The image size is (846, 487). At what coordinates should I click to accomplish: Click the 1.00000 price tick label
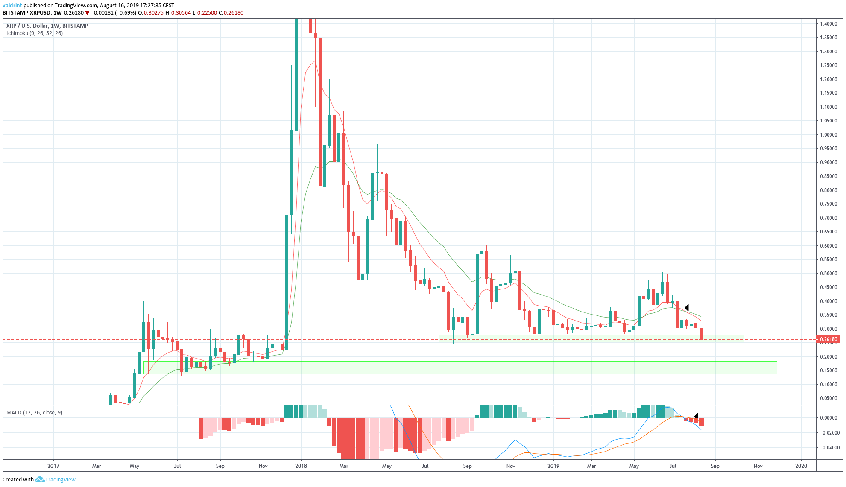[828, 135]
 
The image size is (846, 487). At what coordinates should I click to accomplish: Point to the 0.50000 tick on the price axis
[828, 274]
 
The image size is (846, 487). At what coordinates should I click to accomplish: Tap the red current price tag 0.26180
[828, 340]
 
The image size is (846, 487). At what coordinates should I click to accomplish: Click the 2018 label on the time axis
[301, 466]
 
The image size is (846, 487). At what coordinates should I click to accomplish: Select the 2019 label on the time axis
[553, 466]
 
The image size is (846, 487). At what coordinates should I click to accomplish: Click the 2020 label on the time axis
[801, 466]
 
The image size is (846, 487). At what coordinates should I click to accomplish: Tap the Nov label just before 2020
[758, 466]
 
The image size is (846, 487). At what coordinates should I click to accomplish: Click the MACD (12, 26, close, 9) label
[34, 413]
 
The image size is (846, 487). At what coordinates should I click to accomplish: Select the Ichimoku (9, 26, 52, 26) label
[35, 33]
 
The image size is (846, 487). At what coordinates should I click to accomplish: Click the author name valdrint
[12, 6]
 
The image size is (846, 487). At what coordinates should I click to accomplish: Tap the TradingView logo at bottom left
[55, 480]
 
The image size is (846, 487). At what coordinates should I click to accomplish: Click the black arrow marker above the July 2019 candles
[687, 308]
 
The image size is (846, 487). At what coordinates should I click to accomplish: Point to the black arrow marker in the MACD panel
[696, 416]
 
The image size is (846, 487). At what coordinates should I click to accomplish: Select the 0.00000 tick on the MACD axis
[828, 418]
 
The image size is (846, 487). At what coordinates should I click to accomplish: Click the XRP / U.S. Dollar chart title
[47, 26]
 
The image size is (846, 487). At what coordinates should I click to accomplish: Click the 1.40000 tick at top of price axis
[828, 24]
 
